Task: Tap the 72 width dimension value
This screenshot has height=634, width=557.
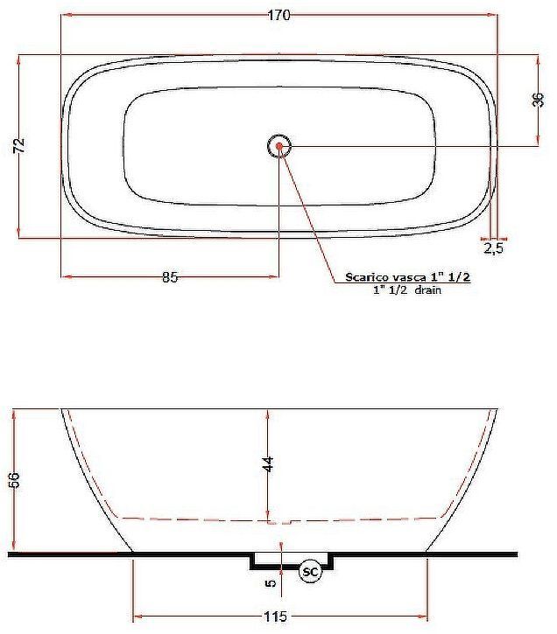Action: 20,145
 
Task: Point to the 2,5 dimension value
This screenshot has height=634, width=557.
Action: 493,248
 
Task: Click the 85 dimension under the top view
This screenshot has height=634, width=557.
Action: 170,278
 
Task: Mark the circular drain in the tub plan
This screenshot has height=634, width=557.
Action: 279,146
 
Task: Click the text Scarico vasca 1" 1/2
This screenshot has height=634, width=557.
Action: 408,277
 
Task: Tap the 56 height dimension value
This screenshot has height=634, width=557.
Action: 13,479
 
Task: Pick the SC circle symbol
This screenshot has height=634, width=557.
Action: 310,571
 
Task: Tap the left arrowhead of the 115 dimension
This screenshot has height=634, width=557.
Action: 135,617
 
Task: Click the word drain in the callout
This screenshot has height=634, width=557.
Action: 428,289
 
